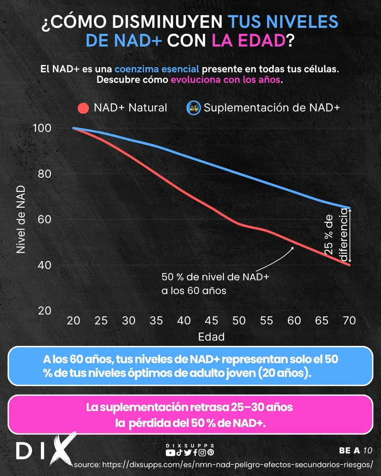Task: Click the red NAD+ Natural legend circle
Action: point(83,108)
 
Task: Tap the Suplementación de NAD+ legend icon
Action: point(193,108)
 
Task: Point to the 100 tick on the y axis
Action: point(42,128)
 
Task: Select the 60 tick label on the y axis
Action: point(44,219)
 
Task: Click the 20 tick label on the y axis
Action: point(44,311)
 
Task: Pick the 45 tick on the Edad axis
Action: point(211,321)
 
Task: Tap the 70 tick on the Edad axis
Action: point(349,321)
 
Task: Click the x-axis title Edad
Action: point(211,337)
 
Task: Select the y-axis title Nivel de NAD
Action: point(21,219)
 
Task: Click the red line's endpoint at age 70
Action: point(349,264)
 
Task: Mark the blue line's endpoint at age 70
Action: point(349,208)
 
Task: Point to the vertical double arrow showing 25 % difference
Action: point(350,236)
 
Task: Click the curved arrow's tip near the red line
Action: point(293,248)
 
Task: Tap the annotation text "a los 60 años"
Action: point(194,291)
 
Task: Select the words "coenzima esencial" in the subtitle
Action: point(157,69)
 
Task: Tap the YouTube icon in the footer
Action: point(170,453)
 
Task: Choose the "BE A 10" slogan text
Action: point(355,451)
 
